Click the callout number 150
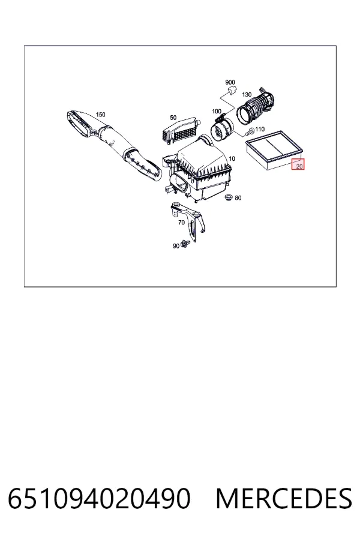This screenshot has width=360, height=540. click(100, 115)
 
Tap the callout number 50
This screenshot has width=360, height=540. click(173, 118)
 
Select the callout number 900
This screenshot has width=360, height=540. click(230, 82)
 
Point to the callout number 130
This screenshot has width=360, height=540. click(247, 95)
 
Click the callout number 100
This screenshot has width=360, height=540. click(217, 111)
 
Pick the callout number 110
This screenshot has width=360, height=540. click(260, 129)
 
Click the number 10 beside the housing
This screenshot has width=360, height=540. click(232, 159)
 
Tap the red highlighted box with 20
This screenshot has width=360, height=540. click(298, 164)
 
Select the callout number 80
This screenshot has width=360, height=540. click(238, 198)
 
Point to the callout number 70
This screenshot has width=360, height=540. click(182, 223)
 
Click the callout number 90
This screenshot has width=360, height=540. click(176, 246)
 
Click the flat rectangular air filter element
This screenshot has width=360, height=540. click(274, 150)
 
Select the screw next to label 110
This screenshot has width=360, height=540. click(250, 131)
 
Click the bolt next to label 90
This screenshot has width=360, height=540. click(185, 244)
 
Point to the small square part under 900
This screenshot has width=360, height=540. click(231, 90)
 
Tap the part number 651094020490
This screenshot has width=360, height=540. click(99, 498)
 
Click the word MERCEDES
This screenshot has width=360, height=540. click(284, 498)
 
